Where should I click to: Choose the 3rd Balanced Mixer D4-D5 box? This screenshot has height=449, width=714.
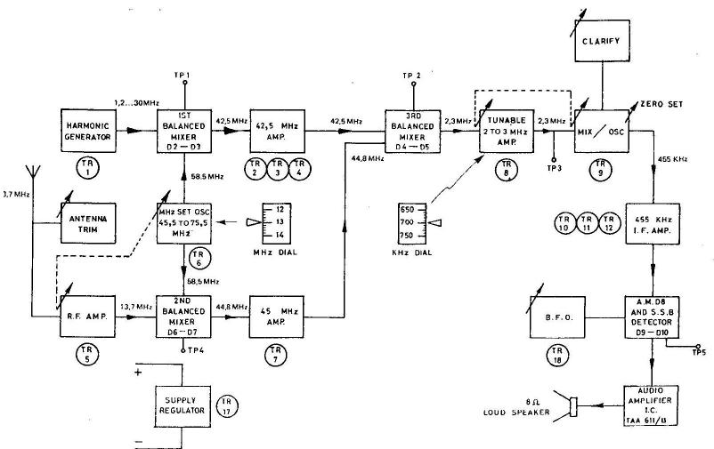(413, 131)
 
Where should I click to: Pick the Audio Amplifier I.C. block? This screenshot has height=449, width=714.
(654, 405)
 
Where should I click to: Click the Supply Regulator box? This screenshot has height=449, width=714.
(183, 405)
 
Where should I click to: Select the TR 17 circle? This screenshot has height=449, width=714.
(228, 406)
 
